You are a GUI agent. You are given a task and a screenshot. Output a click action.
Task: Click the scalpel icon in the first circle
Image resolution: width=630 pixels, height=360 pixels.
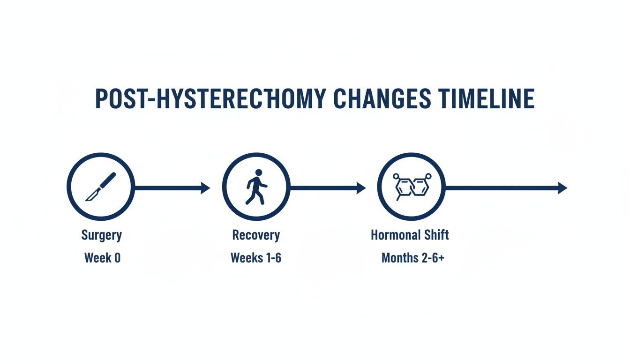coord(100,187)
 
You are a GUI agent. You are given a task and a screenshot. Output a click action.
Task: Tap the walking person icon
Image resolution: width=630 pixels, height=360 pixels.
coord(256,187)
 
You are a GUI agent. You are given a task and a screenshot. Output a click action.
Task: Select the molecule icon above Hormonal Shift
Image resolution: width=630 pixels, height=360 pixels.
coord(411,187)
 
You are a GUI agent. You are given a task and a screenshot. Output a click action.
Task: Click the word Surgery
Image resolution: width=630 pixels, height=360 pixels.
coord(101,235)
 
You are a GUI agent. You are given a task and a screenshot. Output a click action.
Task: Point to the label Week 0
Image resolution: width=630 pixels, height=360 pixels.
coord(102,257)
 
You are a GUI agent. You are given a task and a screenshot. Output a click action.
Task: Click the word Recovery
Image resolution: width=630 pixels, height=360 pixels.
coord(256,235)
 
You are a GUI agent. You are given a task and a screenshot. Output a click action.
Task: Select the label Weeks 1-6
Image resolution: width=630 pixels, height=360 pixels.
coord(256,257)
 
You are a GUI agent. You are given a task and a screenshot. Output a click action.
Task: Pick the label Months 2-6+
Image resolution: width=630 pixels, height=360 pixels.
coord(412,257)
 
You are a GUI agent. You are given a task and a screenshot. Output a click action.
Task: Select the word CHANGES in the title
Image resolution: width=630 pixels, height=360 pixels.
coord(382,99)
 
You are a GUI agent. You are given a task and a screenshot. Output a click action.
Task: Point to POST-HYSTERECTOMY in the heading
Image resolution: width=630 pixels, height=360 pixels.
coord(210,99)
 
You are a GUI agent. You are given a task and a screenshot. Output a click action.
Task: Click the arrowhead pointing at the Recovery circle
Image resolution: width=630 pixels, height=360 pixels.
coord(206,188)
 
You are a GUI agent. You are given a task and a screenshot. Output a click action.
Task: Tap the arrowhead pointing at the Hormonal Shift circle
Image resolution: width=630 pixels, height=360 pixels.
coord(361,188)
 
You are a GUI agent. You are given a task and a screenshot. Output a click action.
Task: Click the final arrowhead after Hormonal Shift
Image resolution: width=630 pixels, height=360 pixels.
coord(562,188)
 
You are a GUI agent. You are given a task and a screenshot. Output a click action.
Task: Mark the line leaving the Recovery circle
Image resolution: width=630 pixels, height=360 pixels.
coord(323,188)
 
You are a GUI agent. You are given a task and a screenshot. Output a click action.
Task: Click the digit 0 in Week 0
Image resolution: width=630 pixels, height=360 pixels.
coord(117,257)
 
